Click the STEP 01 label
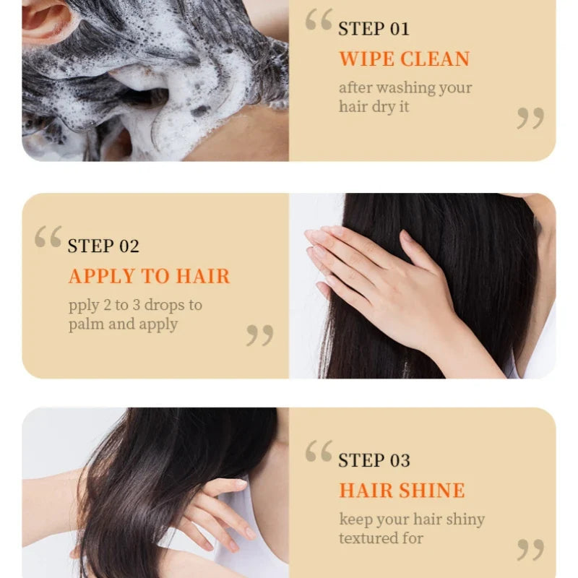point(374,29)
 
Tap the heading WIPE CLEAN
point(405,59)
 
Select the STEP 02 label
point(103,246)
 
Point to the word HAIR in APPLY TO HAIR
point(203,276)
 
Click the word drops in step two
point(165,305)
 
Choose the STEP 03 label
point(374,460)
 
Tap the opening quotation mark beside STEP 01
point(319,20)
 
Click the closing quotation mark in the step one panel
point(530,118)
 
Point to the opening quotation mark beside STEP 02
point(48,237)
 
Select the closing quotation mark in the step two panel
point(260,335)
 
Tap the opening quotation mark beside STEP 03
point(319,450)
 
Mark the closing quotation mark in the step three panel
point(530,550)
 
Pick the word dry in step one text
point(384,107)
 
